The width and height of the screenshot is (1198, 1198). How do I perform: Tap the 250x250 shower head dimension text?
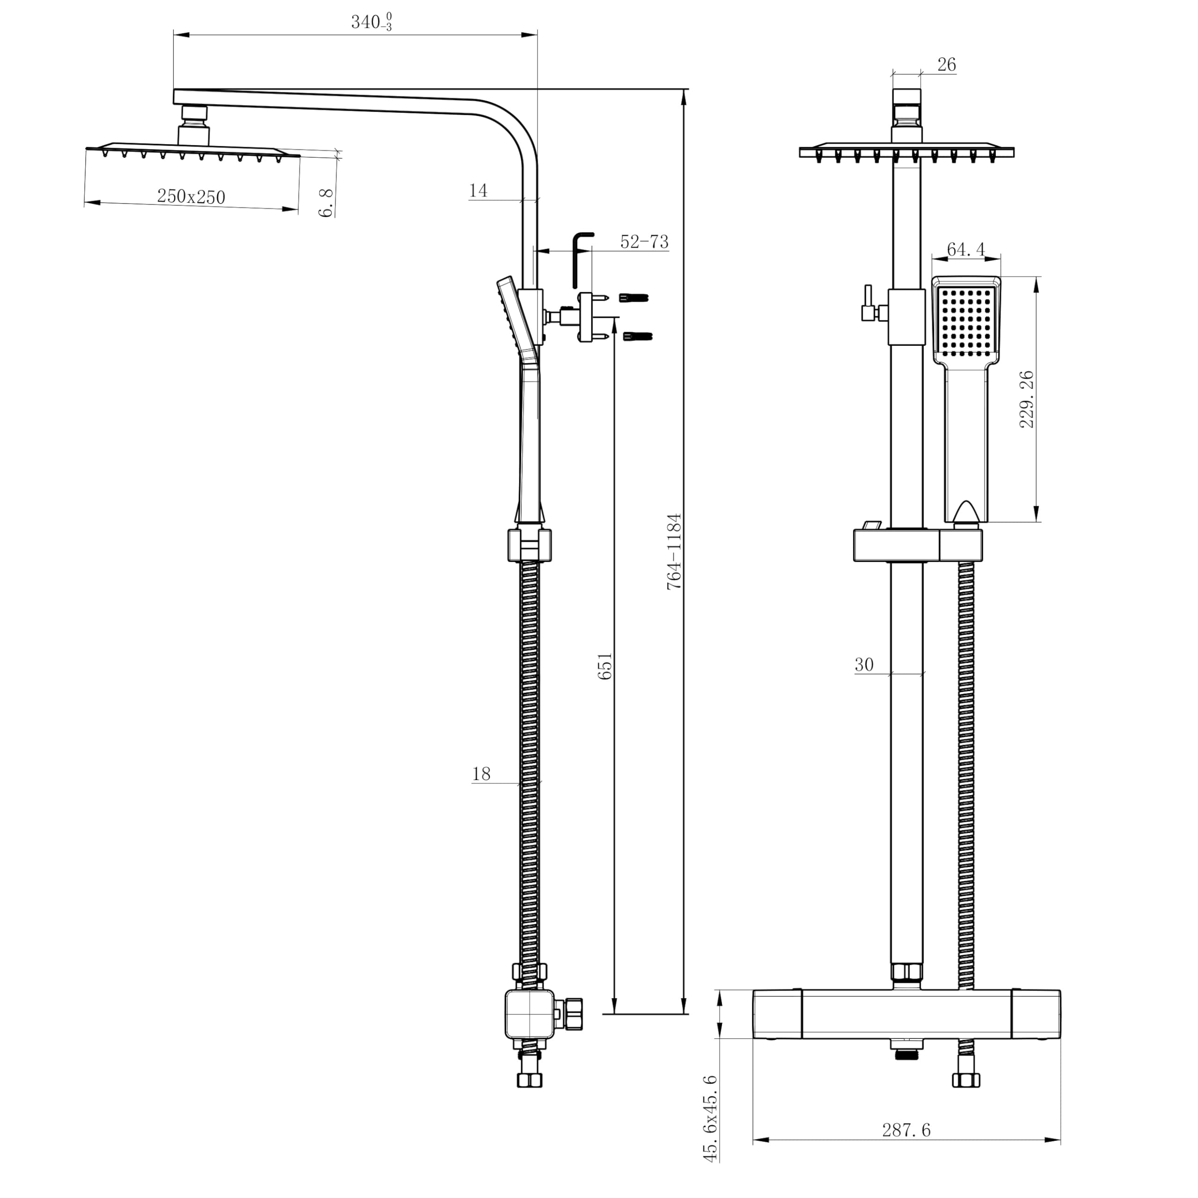pyautogui.click(x=191, y=197)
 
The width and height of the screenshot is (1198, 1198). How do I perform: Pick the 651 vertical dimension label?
pyautogui.click(x=605, y=666)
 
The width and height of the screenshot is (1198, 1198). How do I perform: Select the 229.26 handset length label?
pyautogui.click(x=1027, y=399)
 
